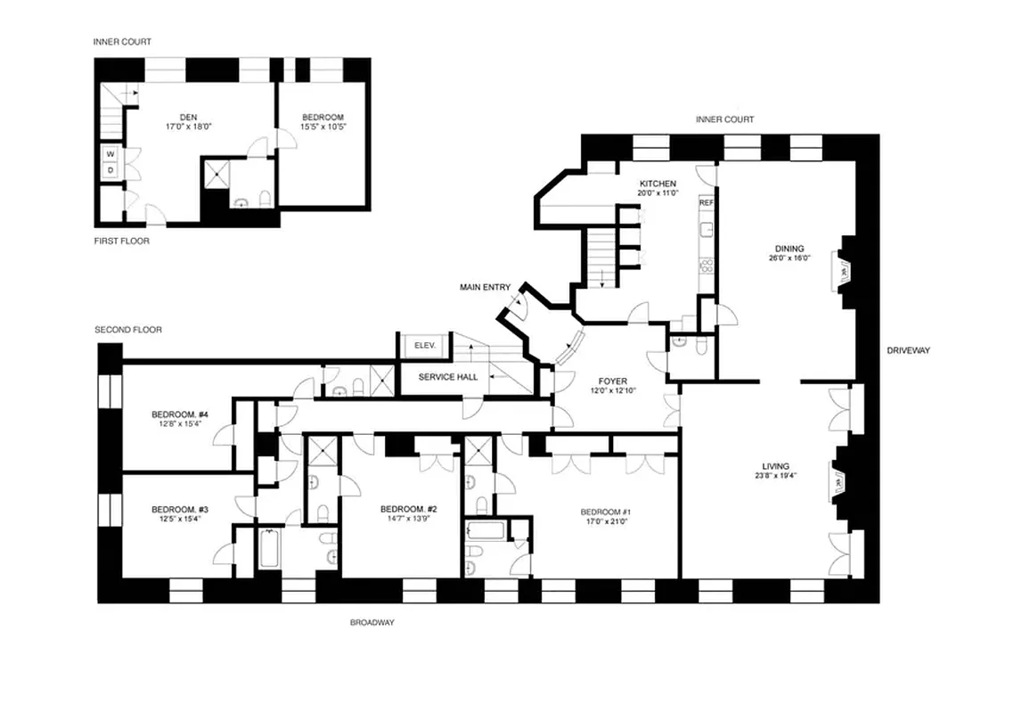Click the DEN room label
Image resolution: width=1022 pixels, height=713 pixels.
(188, 117)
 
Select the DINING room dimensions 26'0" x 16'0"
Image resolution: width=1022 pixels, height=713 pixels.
(789, 258)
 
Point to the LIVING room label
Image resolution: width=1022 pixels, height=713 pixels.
(775, 465)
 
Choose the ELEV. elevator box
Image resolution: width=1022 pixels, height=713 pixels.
(417, 346)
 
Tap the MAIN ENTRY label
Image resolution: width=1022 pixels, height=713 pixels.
(485, 287)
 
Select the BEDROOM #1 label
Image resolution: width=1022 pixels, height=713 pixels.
(605, 512)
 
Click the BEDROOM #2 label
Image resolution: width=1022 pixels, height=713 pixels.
(408, 509)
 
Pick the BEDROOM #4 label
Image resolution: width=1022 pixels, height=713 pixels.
(179, 414)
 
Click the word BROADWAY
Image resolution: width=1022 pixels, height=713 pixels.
(372, 623)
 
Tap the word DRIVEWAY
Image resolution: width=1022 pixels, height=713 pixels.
(908, 350)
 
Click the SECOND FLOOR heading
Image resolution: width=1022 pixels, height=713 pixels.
(128, 330)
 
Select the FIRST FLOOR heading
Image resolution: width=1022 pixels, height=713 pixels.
(121, 241)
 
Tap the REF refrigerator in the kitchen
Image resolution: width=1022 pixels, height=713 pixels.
(706, 202)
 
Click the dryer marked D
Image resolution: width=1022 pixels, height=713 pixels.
(110, 169)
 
